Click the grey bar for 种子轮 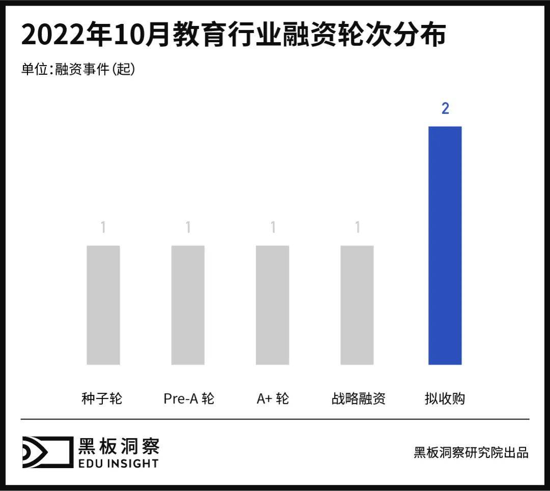tap(103, 305)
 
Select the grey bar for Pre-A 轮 tap(188, 305)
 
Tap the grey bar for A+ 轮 tap(272, 305)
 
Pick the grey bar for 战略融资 tap(357, 305)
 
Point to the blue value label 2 tap(445, 108)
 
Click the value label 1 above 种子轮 tap(103, 227)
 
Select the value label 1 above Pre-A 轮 tap(188, 227)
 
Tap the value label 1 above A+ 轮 tap(272, 227)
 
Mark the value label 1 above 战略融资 tap(357, 227)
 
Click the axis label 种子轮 tap(102, 398)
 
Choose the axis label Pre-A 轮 tap(189, 398)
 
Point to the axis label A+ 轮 tap(273, 398)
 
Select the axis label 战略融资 tap(358, 398)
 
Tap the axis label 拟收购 tap(445, 398)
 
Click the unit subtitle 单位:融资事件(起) tap(78, 69)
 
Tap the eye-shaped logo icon tap(46, 452)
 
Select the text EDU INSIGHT tap(118, 463)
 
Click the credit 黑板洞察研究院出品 tap(471, 452)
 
